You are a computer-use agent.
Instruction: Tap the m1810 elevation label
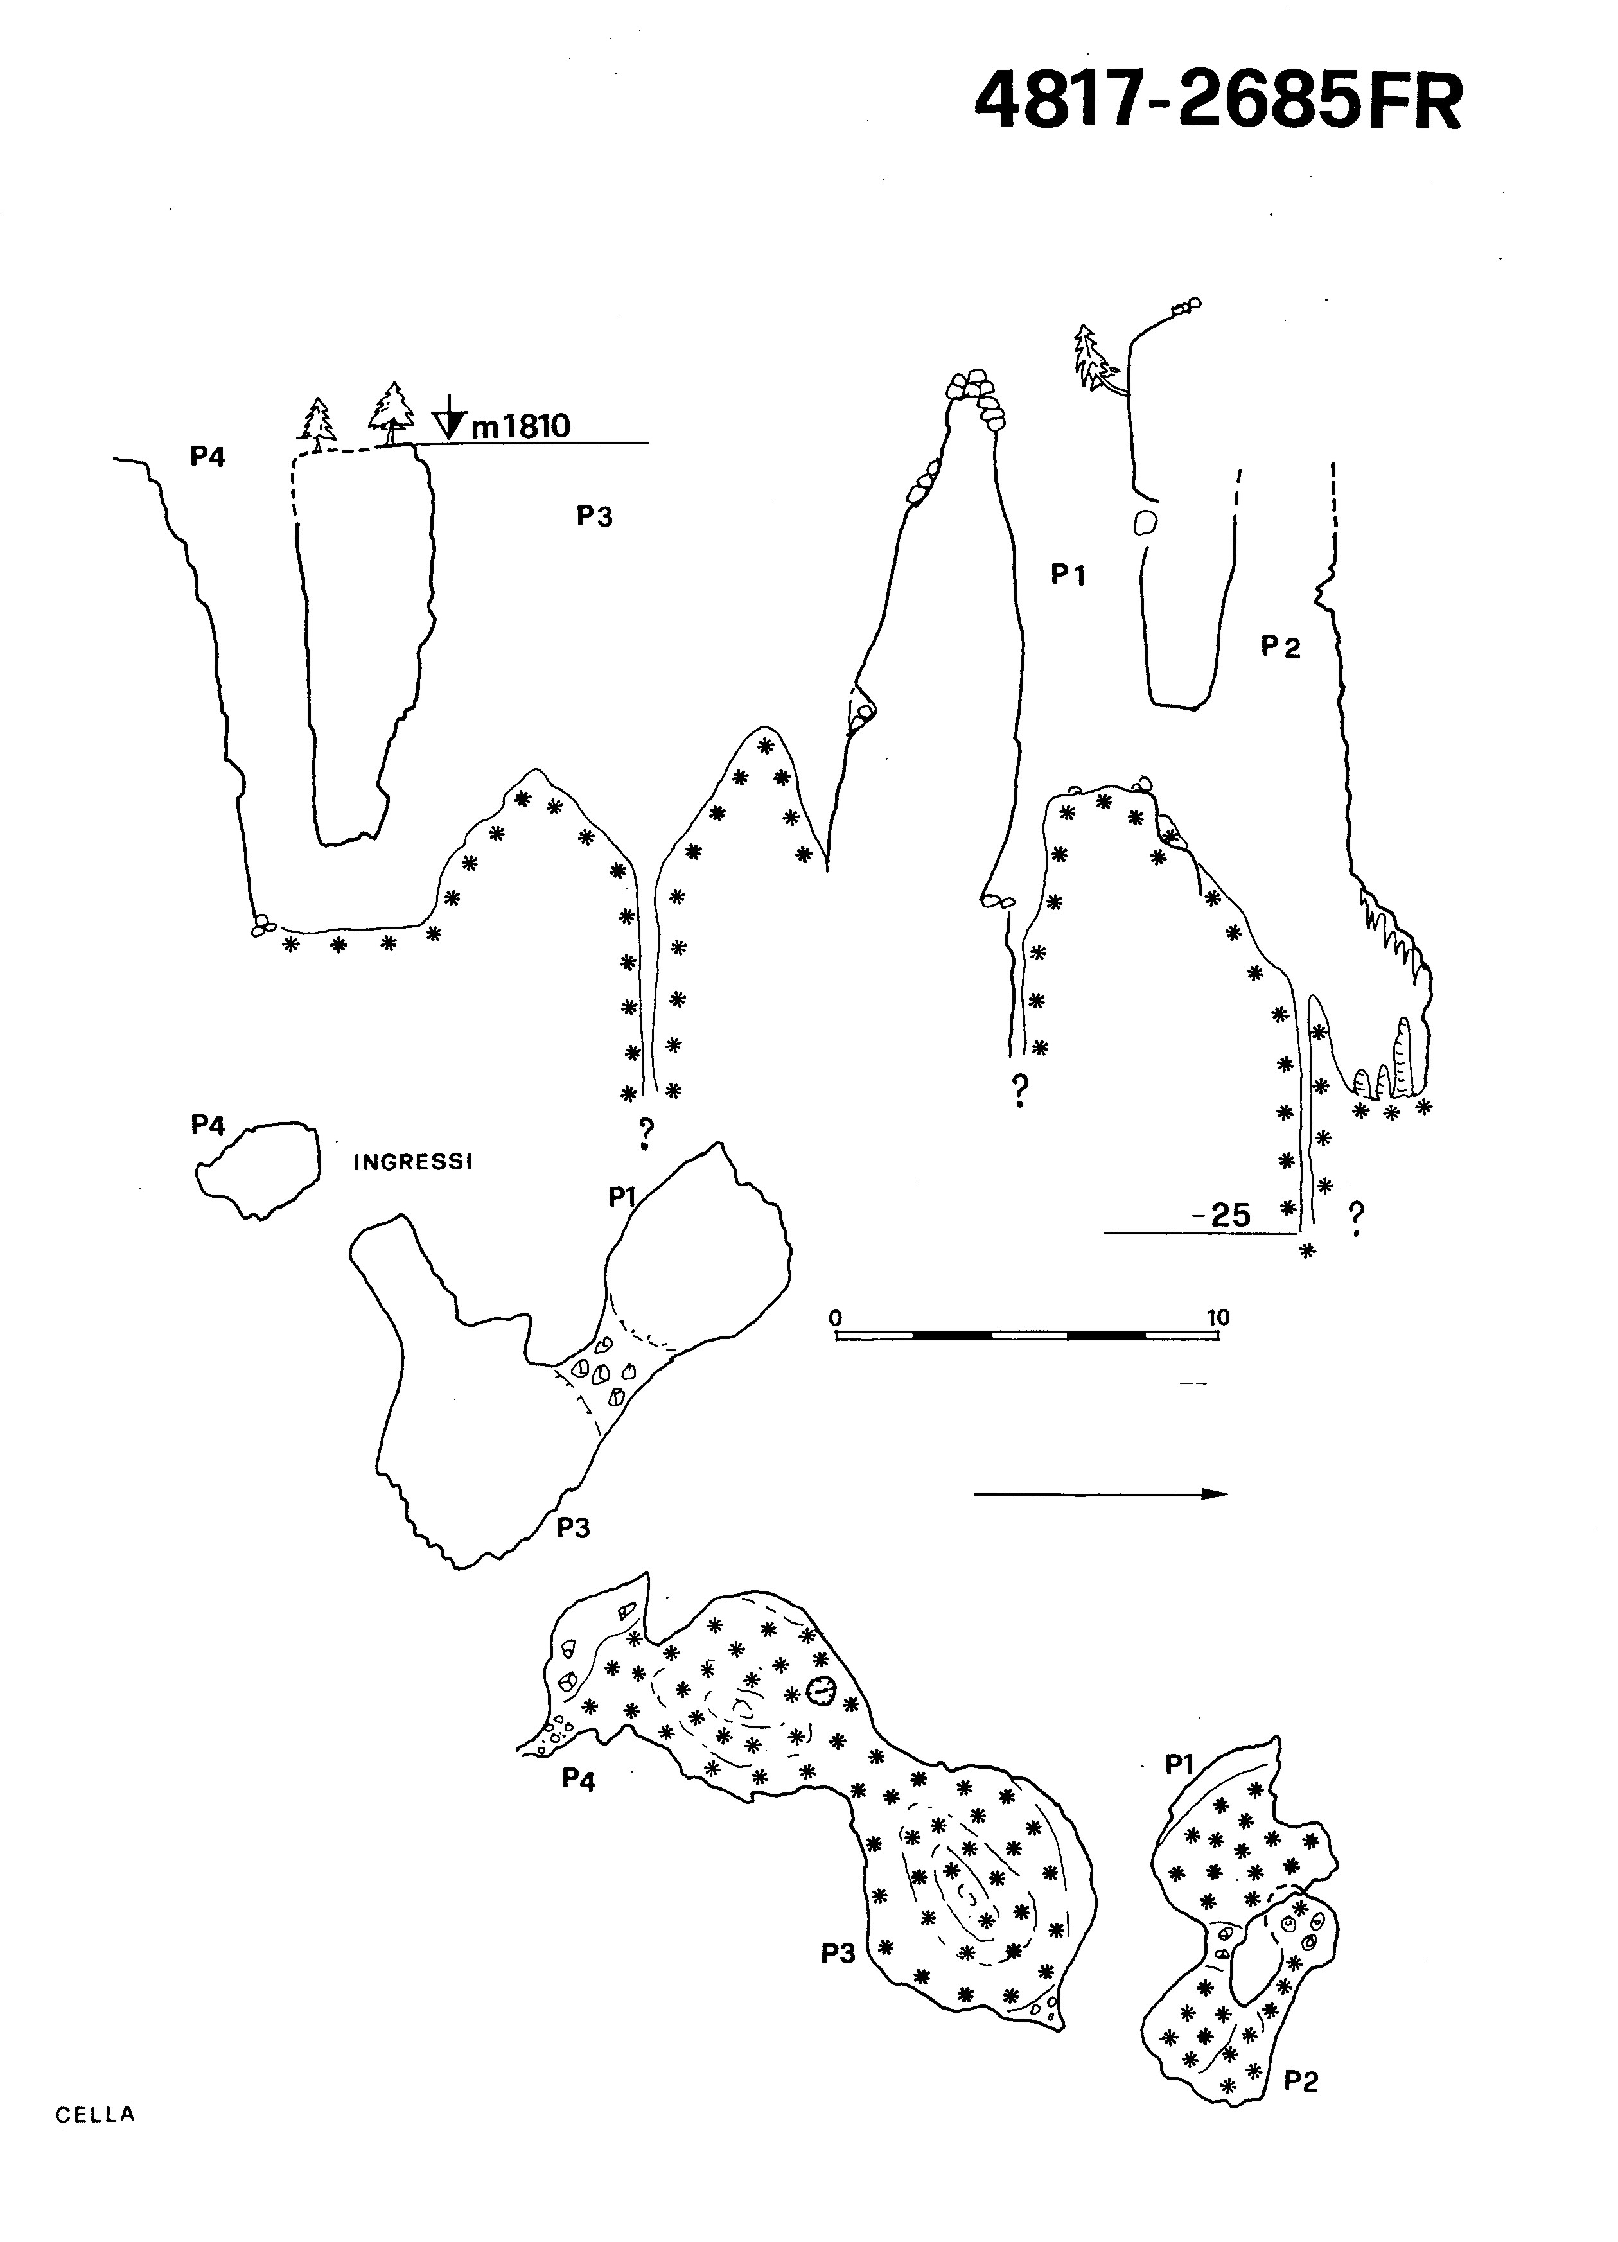(520, 426)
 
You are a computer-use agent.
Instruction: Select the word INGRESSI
(413, 1162)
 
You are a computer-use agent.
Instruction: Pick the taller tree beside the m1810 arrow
(391, 413)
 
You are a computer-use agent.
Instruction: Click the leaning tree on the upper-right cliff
(1097, 363)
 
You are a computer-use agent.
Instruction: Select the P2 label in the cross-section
(1281, 647)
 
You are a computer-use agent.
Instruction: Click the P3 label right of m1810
(595, 516)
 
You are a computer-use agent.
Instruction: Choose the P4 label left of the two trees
(207, 457)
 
